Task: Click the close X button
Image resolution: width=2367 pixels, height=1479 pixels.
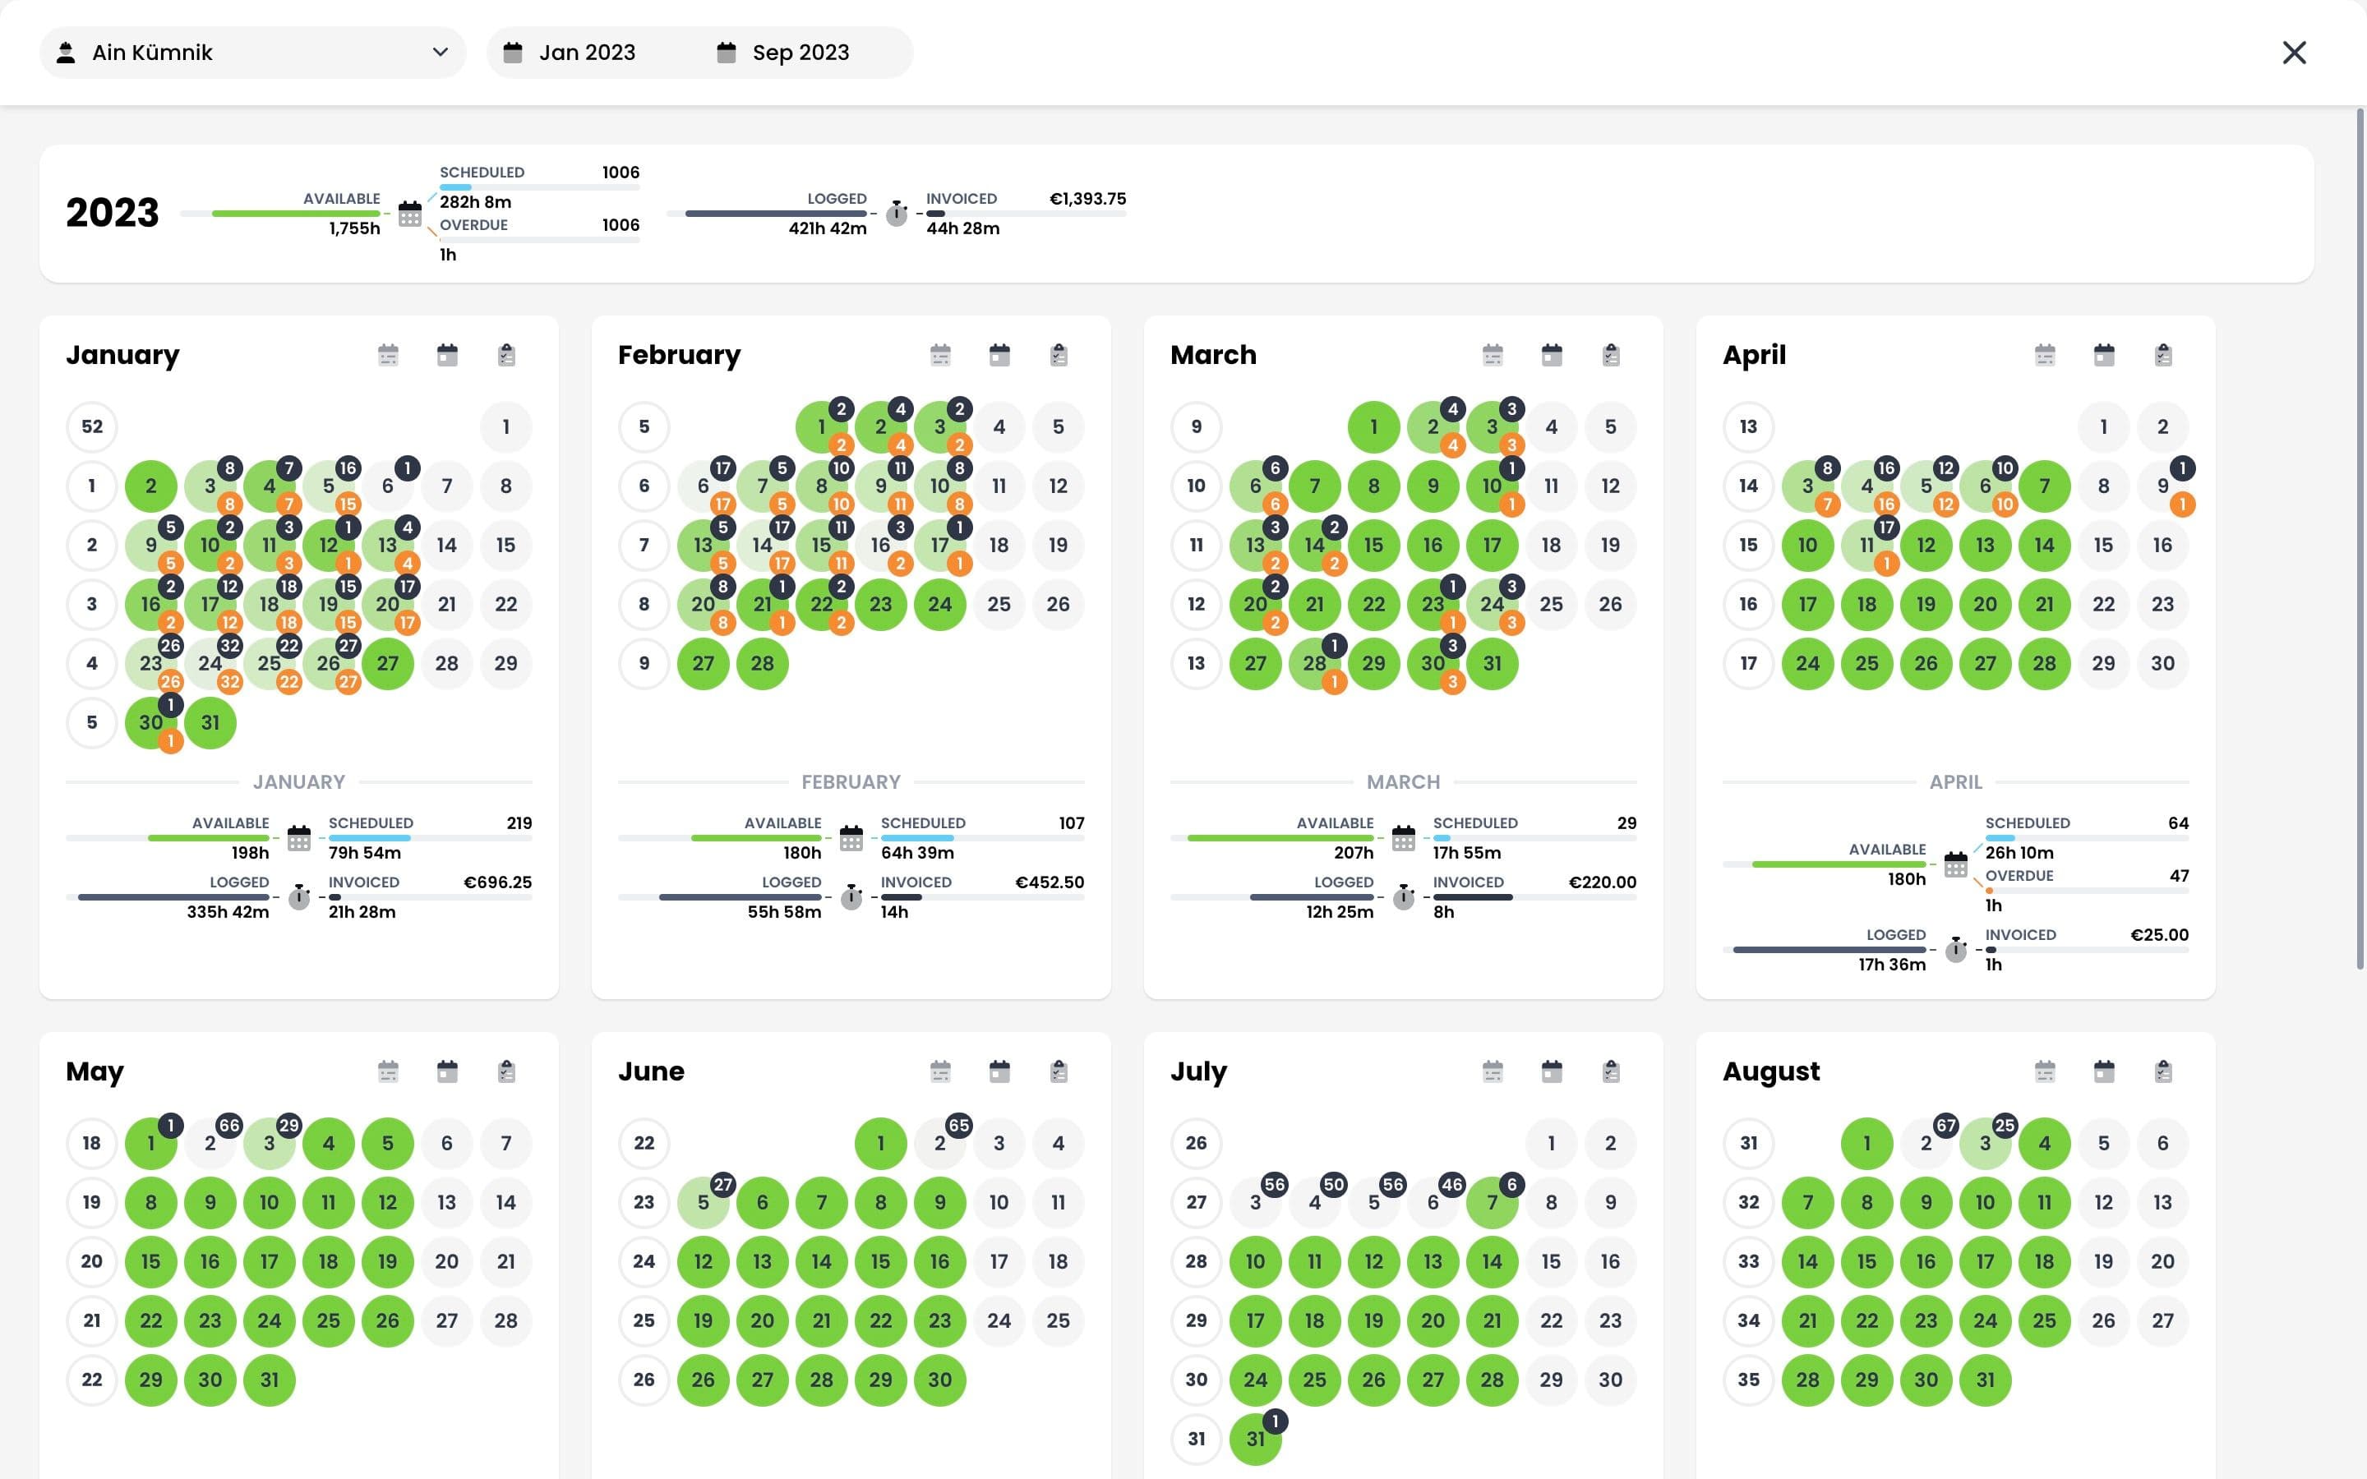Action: coord(2294,53)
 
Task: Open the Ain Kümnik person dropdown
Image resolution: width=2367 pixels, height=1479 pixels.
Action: coord(252,53)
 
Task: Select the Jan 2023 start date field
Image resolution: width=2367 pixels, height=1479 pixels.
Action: coord(587,53)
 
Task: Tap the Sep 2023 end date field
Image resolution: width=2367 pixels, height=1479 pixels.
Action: coord(800,53)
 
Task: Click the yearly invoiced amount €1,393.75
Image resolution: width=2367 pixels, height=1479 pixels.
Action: coord(1087,199)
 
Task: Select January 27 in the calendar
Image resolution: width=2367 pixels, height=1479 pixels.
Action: coord(387,663)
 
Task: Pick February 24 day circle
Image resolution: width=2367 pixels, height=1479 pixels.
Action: coord(940,605)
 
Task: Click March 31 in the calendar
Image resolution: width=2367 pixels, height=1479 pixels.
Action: coord(1492,663)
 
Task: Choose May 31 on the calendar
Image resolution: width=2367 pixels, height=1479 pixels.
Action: coord(269,1380)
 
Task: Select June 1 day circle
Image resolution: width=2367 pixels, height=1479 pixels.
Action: coord(880,1142)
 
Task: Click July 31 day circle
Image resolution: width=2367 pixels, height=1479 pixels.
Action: coord(1255,1439)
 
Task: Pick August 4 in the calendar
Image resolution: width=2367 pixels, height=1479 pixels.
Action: coord(2044,1142)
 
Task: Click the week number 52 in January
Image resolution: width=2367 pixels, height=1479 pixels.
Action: coord(92,426)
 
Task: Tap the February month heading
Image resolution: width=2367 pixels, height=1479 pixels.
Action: coord(679,355)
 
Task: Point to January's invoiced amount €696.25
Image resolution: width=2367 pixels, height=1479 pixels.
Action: coord(497,882)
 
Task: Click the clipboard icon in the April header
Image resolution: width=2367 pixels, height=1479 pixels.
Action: coord(2162,355)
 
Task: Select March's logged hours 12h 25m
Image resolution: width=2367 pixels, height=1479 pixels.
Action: coord(1339,912)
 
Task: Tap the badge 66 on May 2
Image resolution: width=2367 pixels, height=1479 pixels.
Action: coord(228,1126)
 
